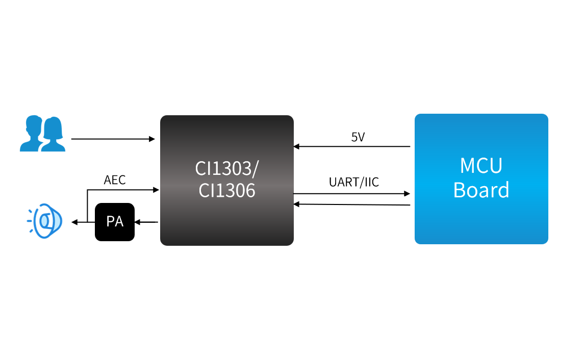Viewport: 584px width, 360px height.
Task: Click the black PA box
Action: click(115, 222)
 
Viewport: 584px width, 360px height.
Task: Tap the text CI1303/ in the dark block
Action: click(227, 168)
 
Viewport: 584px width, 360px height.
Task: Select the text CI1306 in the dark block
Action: click(227, 190)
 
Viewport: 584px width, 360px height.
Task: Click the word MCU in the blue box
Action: click(481, 166)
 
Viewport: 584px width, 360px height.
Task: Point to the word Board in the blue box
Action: click(481, 190)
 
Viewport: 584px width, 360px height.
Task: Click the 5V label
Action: click(358, 137)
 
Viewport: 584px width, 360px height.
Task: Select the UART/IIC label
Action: click(354, 182)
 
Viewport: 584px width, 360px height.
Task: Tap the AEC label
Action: click(115, 180)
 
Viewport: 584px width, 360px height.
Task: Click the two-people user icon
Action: click(42, 134)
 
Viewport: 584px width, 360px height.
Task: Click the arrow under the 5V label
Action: click(352, 146)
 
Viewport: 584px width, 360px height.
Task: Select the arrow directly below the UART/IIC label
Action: click(352, 193)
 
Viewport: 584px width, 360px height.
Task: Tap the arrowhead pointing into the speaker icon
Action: click(75, 222)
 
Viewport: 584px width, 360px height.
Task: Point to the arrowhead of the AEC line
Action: click(156, 190)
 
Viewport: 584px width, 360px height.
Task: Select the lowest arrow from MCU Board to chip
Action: click(352, 204)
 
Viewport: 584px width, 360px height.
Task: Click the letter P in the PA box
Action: click(110, 222)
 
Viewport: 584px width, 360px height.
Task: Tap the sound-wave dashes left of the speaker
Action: click(30, 220)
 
